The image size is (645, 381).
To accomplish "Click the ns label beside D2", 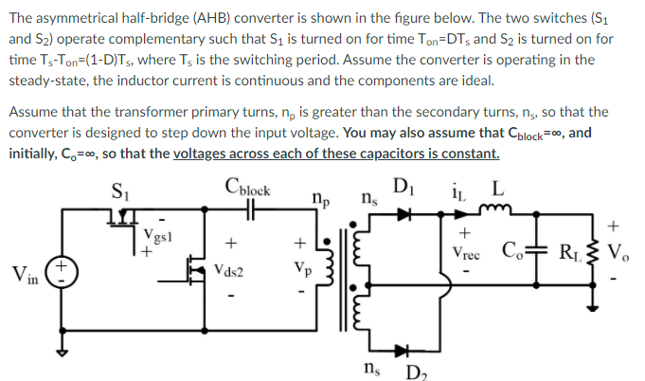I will point(375,366).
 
